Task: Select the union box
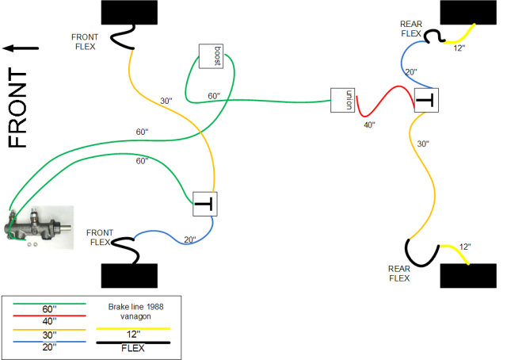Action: tap(341, 101)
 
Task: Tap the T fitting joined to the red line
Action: tap(425, 101)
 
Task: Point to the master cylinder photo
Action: tap(38, 227)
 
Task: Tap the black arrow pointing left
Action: tap(21, 48)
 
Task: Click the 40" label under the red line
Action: tap(369, 124)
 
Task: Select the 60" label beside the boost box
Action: tap(214, 96)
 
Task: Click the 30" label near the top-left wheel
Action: tap(166, 101)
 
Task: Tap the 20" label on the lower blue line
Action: tap(189, 240)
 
